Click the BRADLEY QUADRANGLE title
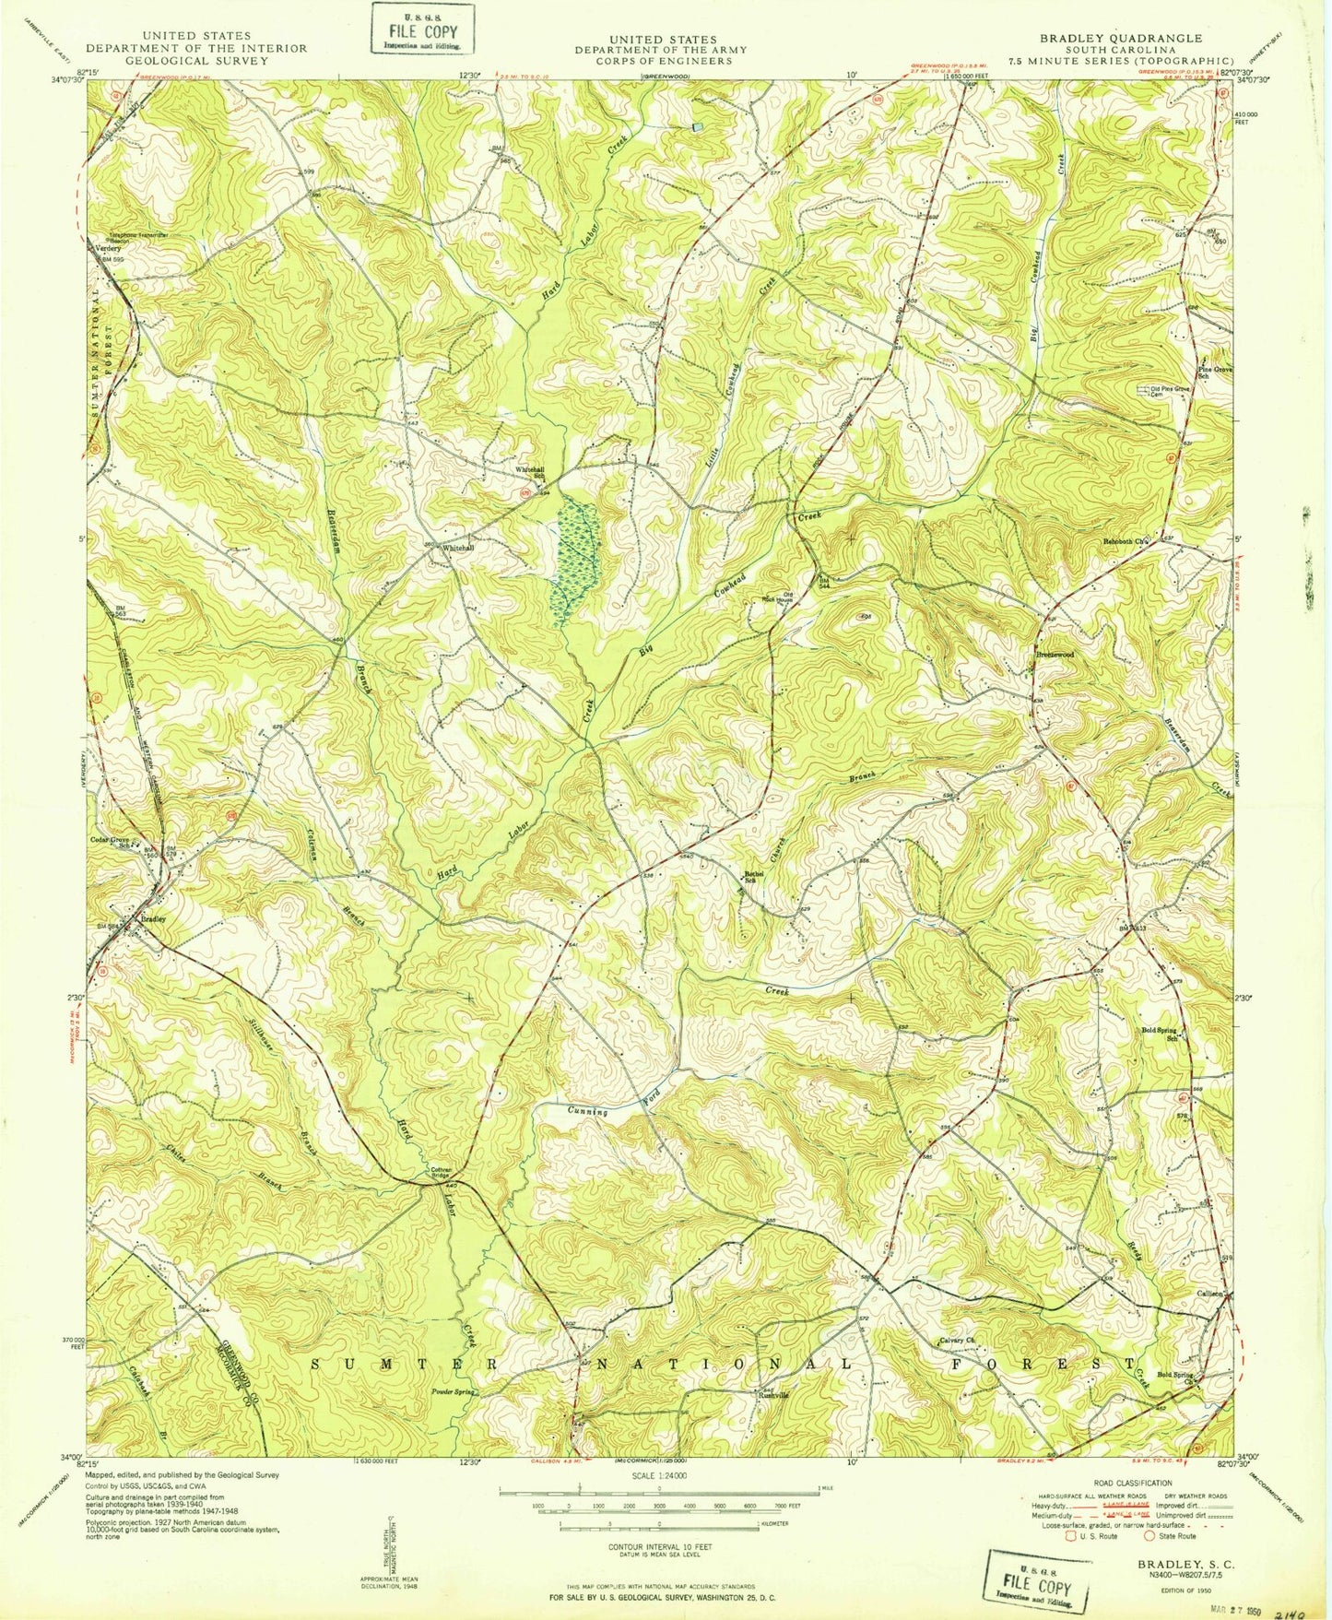pos(1120,38)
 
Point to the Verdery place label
pos(104,248)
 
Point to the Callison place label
pos(1208,1294)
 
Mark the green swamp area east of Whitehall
pos(574,562)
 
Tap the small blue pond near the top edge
pos(698,126)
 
